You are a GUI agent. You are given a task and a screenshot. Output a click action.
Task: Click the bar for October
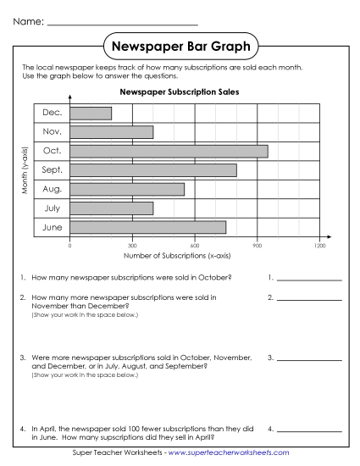tap(169, 151)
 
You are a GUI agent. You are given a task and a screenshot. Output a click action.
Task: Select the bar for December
tap(91, 113)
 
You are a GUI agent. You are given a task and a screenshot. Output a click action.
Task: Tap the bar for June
tap(147, 227)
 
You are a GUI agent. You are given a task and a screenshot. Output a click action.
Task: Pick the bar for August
tap(127, 189)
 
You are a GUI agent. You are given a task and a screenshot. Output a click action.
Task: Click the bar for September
tap(153, 170)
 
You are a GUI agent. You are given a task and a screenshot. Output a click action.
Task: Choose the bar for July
tap(112, 208)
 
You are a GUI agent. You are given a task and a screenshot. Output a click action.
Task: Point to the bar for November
tap(112, 132)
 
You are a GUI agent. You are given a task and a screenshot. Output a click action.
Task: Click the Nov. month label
tap(52, 132)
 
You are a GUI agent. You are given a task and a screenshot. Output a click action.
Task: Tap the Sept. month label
tap(52, 170)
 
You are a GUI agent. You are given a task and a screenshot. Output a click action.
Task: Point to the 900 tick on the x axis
tap(258, 246)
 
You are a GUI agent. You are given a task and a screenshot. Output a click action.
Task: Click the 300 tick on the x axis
tap(132, 246)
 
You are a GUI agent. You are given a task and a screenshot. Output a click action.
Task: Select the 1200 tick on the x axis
tap(319, 246)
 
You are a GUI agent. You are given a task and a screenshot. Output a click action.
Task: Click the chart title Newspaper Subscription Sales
tap(179, 92)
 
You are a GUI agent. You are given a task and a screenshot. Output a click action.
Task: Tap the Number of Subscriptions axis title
tap(179, 255)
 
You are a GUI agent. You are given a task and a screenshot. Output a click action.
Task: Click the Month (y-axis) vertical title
tap(25, 170)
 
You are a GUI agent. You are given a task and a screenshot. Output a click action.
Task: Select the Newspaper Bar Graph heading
tap(180, 44)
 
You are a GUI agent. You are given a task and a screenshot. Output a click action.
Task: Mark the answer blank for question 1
tap(309, 278)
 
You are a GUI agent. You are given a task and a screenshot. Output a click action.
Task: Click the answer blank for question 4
tap(309, 429)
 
